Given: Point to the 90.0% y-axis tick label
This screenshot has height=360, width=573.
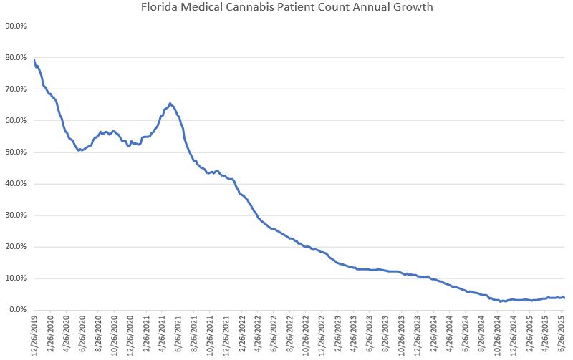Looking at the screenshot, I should coord(16,26).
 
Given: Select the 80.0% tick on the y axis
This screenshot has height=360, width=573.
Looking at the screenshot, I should coord(16,57).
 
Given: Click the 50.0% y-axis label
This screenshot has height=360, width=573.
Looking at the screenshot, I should coord(16,152).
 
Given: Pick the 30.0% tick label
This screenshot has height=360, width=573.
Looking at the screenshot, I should coord(16,215).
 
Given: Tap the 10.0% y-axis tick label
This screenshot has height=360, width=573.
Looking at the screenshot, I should coord(16,278).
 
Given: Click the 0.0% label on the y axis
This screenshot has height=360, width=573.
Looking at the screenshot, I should coord(17,310).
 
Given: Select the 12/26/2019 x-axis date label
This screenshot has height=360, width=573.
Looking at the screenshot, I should coord(35,335).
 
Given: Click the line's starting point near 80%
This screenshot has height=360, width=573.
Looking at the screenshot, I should coord(34,59).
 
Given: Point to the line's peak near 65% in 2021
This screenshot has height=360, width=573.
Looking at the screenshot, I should coord(170,104).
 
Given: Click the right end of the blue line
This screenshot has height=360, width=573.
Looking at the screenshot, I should coord(564,298).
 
